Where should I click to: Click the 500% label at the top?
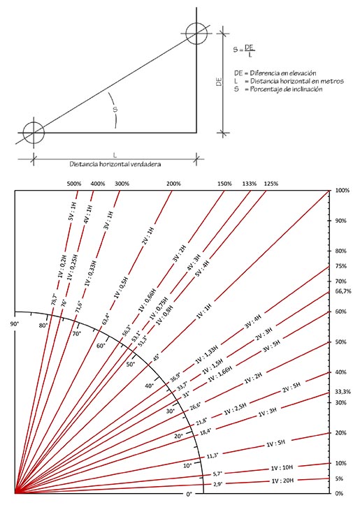(74, 184)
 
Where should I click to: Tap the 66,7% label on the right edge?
(343, 291)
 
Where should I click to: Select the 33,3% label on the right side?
(343, 392)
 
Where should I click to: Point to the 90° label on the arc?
(15, 324)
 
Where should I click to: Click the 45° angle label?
(156, 357)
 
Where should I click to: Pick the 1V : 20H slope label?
(282, 481)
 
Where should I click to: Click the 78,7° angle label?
(54, 300)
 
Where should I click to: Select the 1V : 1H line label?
(203, 311)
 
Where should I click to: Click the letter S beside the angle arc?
(115, 110)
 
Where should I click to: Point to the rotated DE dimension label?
(219, 82)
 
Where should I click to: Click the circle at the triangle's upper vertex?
(196, 34)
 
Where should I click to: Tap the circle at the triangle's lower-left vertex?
(34, 133)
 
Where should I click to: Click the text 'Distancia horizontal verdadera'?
(115, 164)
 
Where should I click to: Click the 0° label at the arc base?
(189, 494)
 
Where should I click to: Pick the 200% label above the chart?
(173, 184)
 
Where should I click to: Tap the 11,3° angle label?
(213, 455)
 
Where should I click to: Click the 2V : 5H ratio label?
(291, 387)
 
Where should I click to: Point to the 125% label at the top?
(271, 184)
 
